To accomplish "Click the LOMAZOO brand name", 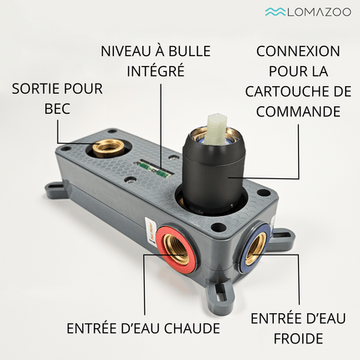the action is coord(319,12).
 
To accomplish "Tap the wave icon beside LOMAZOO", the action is coord(275,12).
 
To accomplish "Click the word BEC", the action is coord(57,109).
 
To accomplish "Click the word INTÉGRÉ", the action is coord(156,70).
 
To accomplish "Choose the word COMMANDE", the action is coord(298,111).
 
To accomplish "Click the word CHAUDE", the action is coord(192,328).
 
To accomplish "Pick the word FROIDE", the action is coord(298,338).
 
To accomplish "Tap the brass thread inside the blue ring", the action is coord(255,244).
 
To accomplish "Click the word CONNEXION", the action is coord(298,51).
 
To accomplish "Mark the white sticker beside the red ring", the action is coord(149,231).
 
